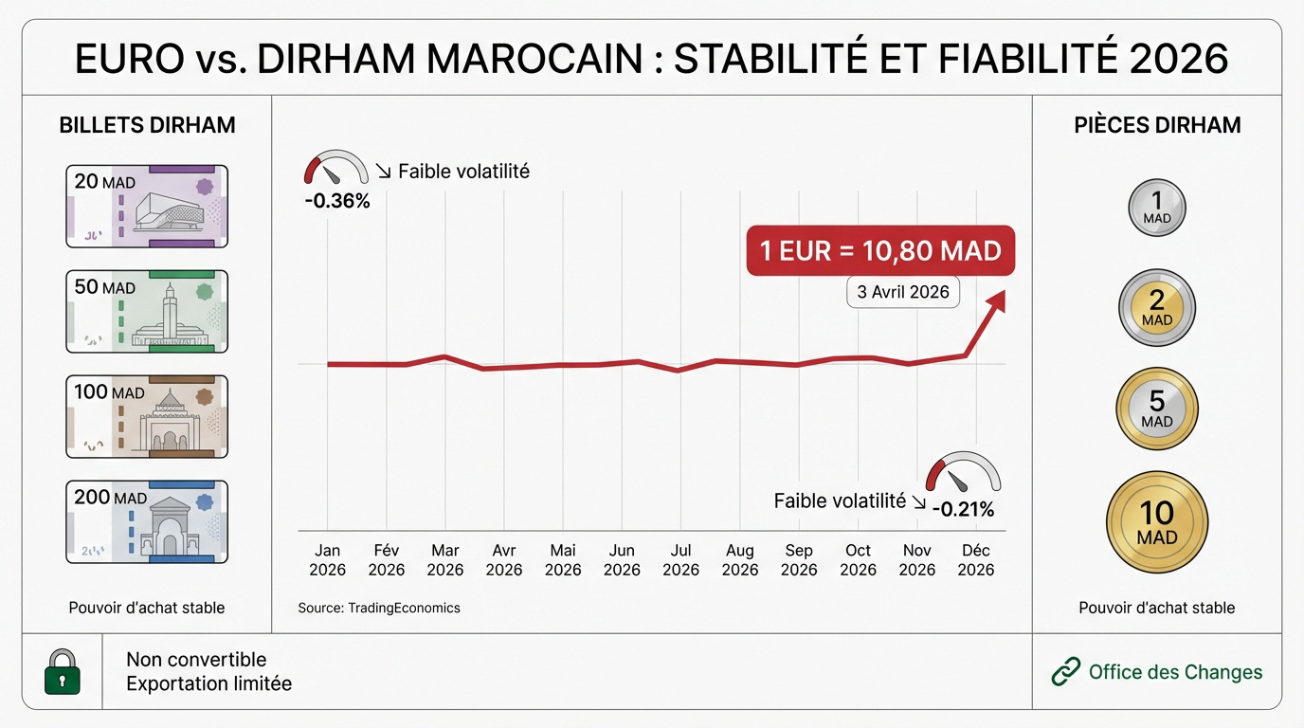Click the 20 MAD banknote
click(x=147, y=206)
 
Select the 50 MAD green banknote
click(x=147, y=311)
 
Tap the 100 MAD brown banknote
click(x=147, y=416)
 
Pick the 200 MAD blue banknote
click(x=147, y=521)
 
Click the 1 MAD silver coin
click(x=1157, y=208)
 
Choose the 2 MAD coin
click(x=1157, y=308)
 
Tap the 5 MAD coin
click(x=1157, y=409)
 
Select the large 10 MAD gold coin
click(x=1157, y=522)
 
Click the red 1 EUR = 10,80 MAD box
click(x=880, y=251)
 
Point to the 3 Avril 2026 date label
click(x=903, y=292)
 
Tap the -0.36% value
click(x=337, y=201)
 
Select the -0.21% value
click(x=963, y=510)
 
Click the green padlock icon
click(x=63, y=672)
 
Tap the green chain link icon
click(x=1066, y=672)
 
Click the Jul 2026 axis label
click(x=680, y=560)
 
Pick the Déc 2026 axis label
click(x=975, y=560)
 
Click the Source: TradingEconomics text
click(x=379, y=608)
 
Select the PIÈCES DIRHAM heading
click(x=1157, y=125)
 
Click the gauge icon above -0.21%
click(x=963, y=471)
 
